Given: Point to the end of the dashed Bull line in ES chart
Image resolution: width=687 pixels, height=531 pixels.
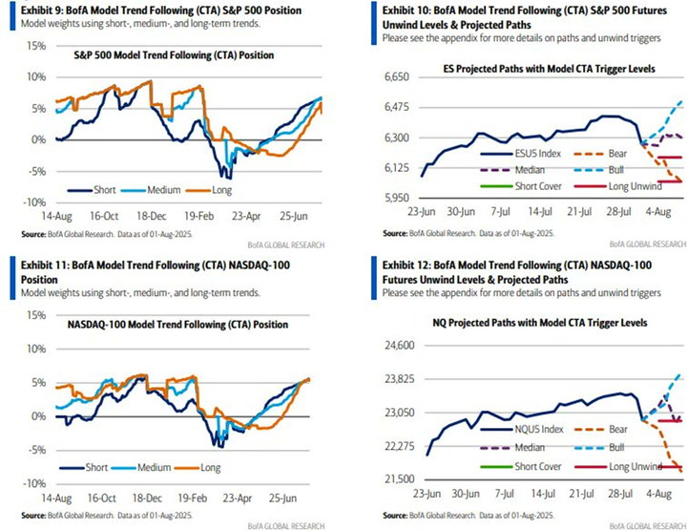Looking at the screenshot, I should (679, 101).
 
